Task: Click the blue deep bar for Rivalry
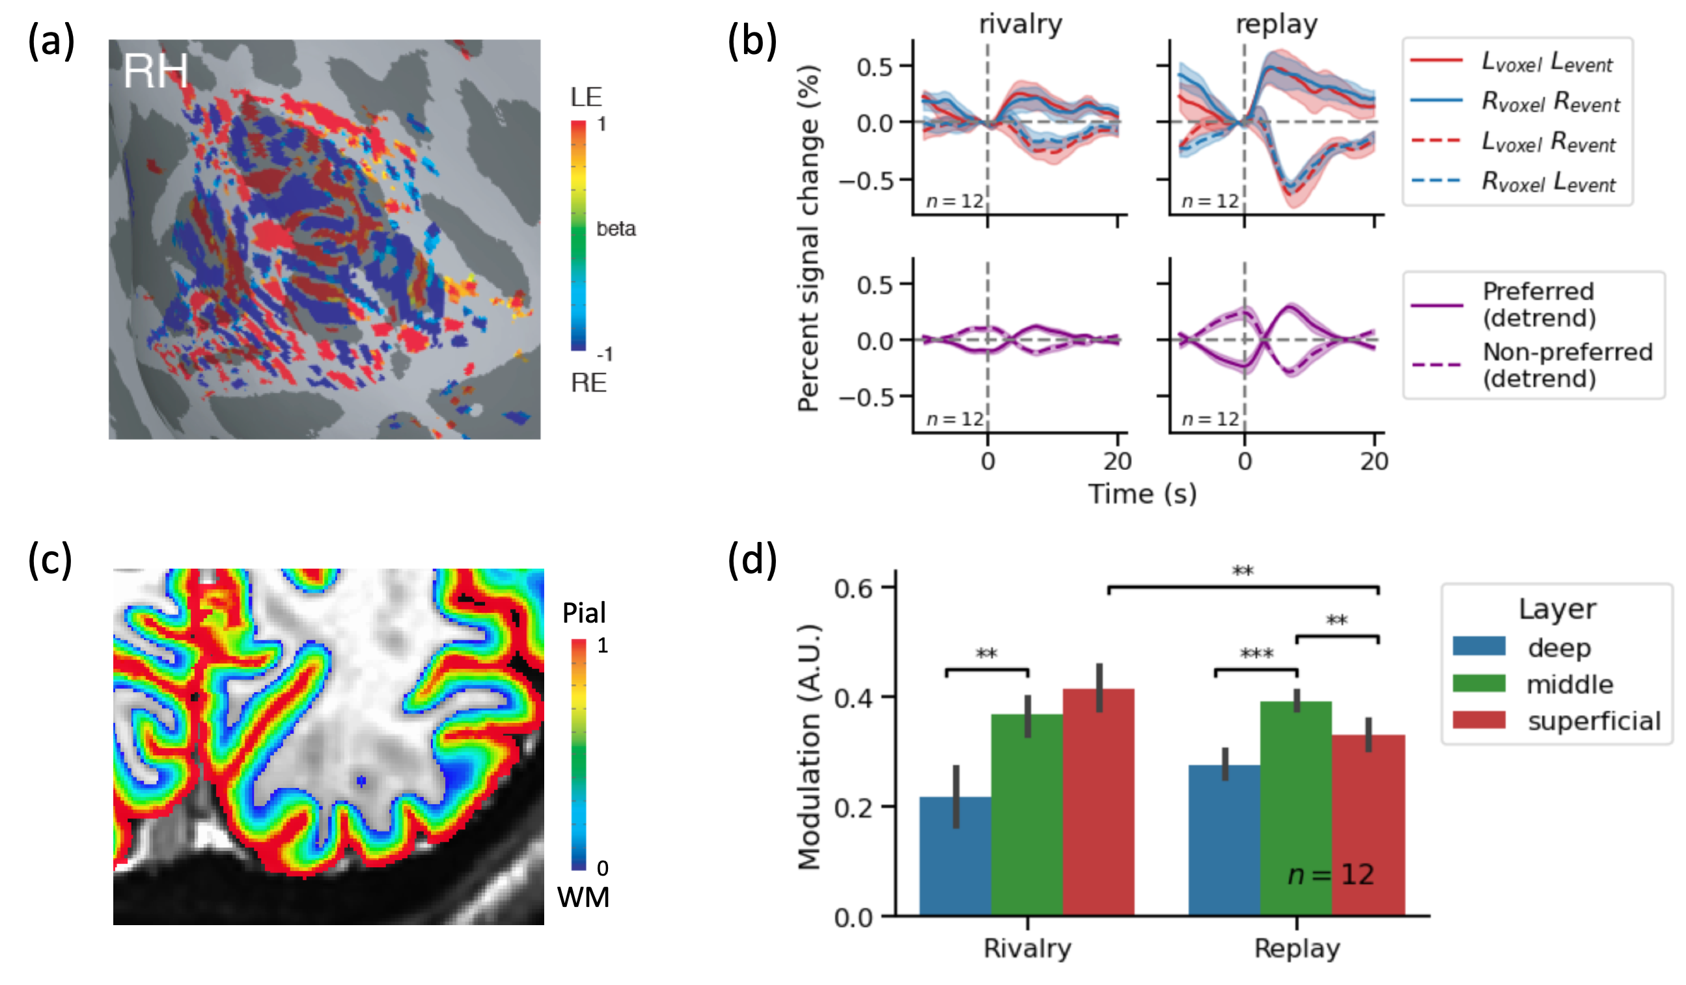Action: [x=955, y=856]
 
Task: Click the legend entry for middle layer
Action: [x=1569, y=684]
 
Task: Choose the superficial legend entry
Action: [x=1593, y=721]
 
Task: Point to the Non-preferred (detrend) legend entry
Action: [x=1566, y=365]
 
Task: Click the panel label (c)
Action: [x=50, y=560]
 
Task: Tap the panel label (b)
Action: [x=752, y=42]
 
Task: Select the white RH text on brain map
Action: [x=155, y=71]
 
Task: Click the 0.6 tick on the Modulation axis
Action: [x=853, y=588]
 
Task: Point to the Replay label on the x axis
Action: [x=1297, y=948]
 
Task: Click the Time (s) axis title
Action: [x=1142, y=494]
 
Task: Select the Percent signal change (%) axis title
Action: [x=808, y=238]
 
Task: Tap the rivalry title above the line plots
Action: [x=1019, y=24]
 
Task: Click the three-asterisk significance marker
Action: [x=1256, y=654]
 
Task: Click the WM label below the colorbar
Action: [x=583, y=897]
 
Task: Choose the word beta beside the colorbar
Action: [x=616, y=230]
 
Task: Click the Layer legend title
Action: [x=1557, y=609]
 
